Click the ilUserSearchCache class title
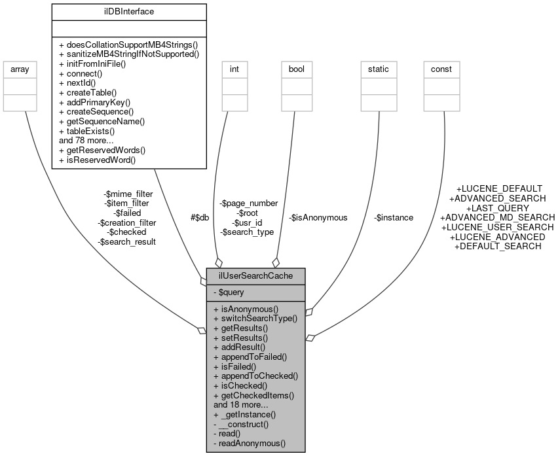(255, 276)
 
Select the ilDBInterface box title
(129, 11)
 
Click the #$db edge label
(199, 218)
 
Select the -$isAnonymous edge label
(318, 218)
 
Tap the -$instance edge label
(393, 218)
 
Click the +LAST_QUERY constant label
(497, 208)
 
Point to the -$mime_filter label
(128, 194)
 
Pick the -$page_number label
(249, 203)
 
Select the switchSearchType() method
(255, 319)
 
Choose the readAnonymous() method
(250, 443)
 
